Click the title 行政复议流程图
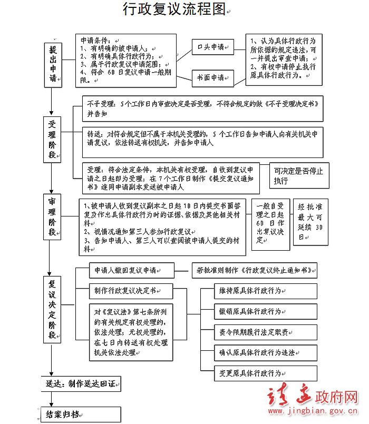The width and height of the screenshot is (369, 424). pos(174,9)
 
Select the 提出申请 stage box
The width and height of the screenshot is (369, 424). pos(53,65)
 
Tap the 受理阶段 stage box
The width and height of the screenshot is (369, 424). pos(52,140)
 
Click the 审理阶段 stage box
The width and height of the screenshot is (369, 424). pos(52,217)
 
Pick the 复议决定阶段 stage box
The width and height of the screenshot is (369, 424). pos(52,310)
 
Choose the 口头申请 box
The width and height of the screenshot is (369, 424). pos(213,47)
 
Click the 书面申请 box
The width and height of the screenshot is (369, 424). pos(213,78)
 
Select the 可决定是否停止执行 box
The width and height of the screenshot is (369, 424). pos(299,175)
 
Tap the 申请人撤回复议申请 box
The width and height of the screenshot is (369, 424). pos(132,270)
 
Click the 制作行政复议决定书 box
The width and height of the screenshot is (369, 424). pos(131,291)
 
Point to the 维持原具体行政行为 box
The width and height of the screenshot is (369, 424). pos(266,291)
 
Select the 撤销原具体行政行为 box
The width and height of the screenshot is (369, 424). pos(266,311)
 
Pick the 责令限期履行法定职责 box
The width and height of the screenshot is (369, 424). pos(266,332)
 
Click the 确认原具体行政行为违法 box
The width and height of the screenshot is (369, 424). pos(266,353)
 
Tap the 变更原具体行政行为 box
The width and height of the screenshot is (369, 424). pos(266,373)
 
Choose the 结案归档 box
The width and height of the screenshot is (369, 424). pos(81,415)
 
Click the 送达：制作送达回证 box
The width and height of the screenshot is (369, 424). pos(81,384)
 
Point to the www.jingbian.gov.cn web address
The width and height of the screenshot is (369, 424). pos(313,411)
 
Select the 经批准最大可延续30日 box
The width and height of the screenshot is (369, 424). pos(311,222)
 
